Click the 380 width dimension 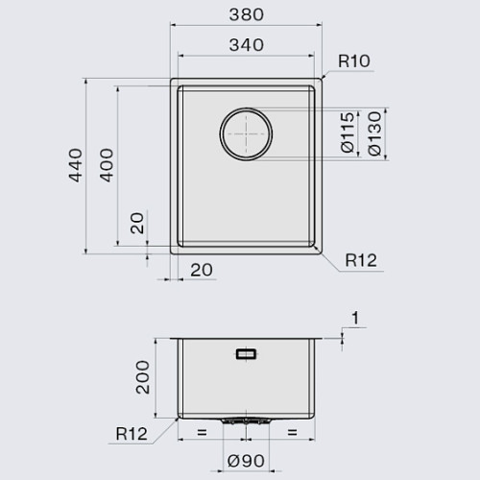[x=247, y=14]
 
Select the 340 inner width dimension [x=247, y=45]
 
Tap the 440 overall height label [x=76, y=165]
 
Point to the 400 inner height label [x=107, y=165]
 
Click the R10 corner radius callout [x=354, y=61]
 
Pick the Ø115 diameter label [x=348, y=132]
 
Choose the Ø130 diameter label [x=374, y=133]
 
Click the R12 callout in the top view [x=361, y=260]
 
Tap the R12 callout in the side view [x=132, y=434]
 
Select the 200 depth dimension [x=143, y=377]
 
